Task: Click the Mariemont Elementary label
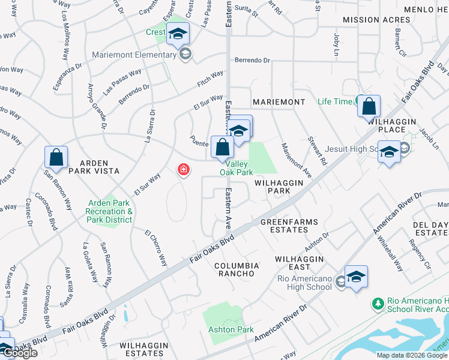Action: [x=134, y=55]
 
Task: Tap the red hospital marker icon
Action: [x=183, y=170]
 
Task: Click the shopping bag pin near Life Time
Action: [x=369, y=107]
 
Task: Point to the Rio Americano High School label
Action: [x=304, y=283]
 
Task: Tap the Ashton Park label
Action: [x=231, y=329]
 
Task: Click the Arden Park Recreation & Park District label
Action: [x=109, y=211]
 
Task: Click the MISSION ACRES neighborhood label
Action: [x=369, y=20]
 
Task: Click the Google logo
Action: [x=20, y=353]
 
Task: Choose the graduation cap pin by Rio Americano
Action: [x=356, y=277]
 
